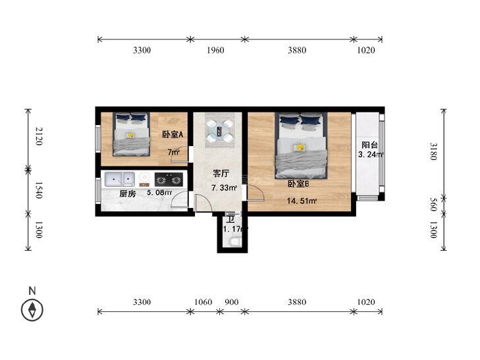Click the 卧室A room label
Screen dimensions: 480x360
pyautogui.click(x=173, y=134)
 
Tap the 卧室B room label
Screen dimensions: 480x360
pyautogui.click(x=298, y=184)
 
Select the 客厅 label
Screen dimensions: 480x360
pyautogui.click(x=221, y=174)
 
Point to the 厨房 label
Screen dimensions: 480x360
pyautogui.click(x=127, y=193)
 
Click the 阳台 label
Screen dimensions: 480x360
pyautogui.click(x=369, y=145)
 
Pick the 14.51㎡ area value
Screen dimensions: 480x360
pyautogui.click(x=302, y=201)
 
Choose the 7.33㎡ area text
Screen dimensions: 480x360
pyautogui.click(x=225, y=188)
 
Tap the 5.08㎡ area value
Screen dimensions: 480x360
pyautogui.click(x=159, y=193)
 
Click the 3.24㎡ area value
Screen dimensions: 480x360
pyautogui.click(x=371, y=155)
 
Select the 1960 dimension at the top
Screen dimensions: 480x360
pyautogui.click(x=215, y=50)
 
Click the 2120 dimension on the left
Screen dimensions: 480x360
pyautogui.click(x=38, y=136)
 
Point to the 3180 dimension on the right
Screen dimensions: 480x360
pyautogui.click(x=433, y=151)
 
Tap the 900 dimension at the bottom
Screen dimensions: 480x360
pyautogui.click(x=231, y=302)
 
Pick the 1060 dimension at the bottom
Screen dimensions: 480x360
pyautogui.click(x=203, y=302)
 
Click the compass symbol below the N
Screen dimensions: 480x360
pyautogui.click(x=32, y=310)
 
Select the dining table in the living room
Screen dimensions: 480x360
pyautogui.click(x=220, y=131)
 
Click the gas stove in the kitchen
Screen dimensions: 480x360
pyautogui.click(x=169, y=180)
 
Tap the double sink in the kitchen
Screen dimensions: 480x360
pyautogui.click(x=120, y=179)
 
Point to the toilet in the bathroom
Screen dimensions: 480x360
pyautogui.click(x=235, y=242)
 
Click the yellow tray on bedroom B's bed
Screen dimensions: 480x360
pyautogui.click(x=299, y=147)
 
